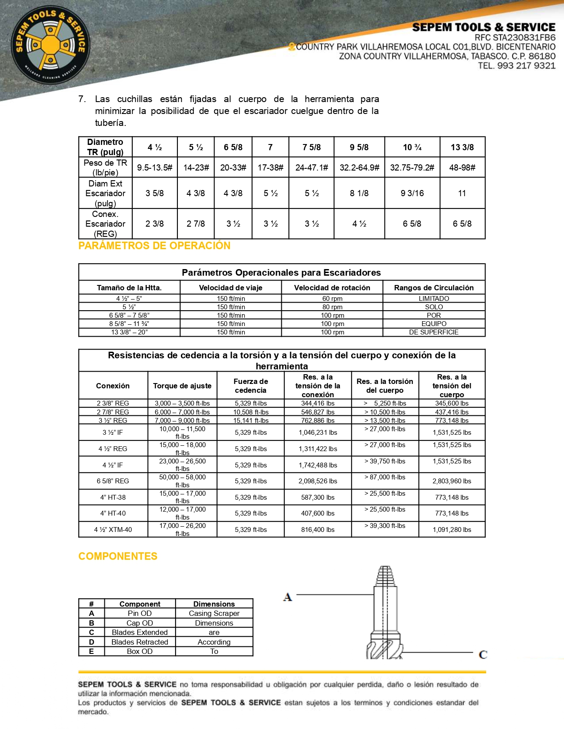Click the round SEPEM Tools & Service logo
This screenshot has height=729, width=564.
coord(50,45)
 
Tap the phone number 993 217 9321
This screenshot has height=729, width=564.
coord(526,66)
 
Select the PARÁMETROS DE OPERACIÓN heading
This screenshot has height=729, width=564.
coord(154,246)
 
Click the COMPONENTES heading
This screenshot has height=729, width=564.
coord(118,556)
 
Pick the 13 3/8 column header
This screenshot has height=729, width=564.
coord(462,147)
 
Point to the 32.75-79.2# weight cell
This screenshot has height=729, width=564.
coord(412,167)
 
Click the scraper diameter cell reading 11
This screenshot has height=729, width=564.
coord(462,193)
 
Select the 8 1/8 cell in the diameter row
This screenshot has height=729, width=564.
coord(359,193)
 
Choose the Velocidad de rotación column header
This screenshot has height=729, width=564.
coord(332,288)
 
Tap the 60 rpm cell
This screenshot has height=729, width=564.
coord(332,299)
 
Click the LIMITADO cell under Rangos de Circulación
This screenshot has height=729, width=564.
coord(434,299)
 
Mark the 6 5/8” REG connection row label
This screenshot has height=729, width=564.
coord(113,481)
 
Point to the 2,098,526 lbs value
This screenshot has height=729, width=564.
coord(318,481)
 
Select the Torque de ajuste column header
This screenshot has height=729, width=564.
coord(182,386)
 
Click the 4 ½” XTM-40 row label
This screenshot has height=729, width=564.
coord(113,530)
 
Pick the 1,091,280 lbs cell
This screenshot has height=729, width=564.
coord(452,530)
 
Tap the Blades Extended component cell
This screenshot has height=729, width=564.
coord(140,633)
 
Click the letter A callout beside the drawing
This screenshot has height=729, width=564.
coord(288,597)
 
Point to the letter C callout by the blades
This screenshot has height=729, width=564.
coord(483,654)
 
